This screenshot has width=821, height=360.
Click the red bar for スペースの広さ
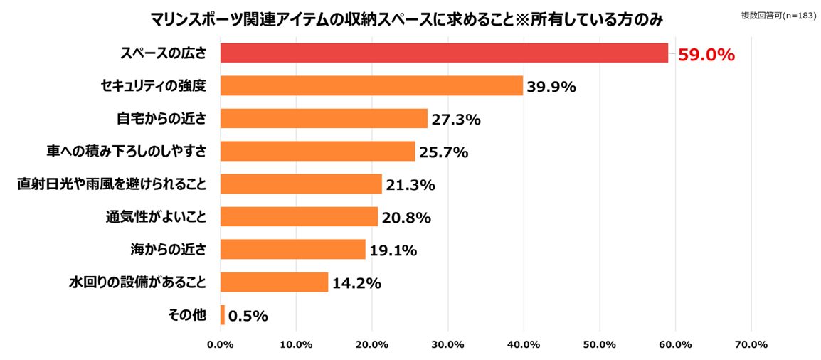(x=444, y=53)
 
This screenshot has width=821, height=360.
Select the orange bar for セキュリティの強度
(x=371, y=86)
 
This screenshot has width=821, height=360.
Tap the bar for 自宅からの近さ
(x=324, y=119)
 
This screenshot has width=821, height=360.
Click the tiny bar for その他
(x=223, y=315)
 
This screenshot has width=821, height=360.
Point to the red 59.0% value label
(x=706, y=55)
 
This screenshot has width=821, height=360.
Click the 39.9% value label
(x=551, y=87)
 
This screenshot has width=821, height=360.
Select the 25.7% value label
(x=443, y=152)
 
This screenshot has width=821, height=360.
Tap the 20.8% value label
(x=406, y=218)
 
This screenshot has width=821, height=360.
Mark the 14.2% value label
(x=356, y=283)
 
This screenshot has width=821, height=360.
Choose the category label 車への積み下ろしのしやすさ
(x=125, y=152)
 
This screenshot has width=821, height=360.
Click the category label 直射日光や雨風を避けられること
(x=112, y=184)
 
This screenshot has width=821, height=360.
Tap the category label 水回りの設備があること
(x=138, y=282)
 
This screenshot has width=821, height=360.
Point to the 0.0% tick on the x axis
(x=220, y=345)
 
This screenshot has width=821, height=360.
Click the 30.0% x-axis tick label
(x=447, y=345)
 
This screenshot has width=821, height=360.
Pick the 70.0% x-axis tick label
(x=751, y=345)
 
